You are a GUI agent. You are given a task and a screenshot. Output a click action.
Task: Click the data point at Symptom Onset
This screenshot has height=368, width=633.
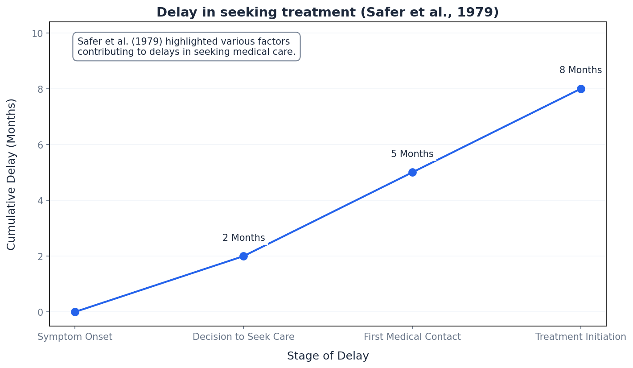[75, 312]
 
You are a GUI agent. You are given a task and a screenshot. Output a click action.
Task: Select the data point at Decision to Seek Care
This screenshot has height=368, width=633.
[243, 256]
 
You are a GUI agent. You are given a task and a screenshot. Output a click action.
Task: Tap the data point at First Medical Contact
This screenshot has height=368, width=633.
[412, 172]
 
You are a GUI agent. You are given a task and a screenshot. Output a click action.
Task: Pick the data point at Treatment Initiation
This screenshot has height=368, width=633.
[581, 89]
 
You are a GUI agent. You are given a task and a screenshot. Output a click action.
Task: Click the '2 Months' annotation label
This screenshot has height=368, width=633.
[243, 238]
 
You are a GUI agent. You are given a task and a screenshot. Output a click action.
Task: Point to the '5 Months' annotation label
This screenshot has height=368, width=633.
[412, 154]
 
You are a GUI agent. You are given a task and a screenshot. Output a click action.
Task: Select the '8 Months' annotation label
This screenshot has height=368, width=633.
[580, 70]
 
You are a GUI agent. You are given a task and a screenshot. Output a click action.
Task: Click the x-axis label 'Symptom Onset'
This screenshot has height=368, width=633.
[75, 337]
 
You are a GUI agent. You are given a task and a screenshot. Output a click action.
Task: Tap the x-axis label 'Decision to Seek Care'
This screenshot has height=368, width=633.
[243, 337]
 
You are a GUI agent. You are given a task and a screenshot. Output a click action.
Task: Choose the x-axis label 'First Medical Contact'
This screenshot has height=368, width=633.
[412, 337]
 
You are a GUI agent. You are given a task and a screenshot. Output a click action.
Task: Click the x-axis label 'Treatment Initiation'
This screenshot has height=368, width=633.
[581, 337]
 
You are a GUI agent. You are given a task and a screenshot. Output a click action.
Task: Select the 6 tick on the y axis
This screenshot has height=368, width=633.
[41, 145]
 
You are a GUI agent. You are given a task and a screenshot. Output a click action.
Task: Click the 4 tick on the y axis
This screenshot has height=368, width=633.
[41, 201]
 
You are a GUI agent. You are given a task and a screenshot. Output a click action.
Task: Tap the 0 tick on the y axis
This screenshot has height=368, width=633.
[41, 312]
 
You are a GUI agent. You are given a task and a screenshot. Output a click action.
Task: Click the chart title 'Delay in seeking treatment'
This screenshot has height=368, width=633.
[328, 12]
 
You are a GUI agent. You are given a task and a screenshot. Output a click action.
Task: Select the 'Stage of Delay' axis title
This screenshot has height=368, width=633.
[328, 356]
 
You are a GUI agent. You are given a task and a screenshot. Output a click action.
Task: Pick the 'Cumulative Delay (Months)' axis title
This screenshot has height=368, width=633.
[12, 174]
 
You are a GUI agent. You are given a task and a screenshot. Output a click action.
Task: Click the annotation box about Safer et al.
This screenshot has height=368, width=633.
[186, 47]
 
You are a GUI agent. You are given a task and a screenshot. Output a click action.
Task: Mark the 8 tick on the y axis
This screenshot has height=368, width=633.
[41, 89]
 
